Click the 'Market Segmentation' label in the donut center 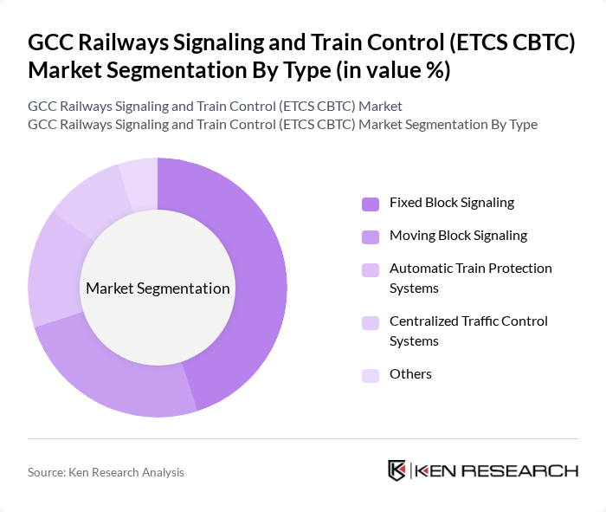pos(158,288)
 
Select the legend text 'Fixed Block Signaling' pos(451,203)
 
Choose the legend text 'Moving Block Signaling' pos(458,236)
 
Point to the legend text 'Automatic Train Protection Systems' pos(470,278)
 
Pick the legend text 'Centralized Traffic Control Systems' pos(468,331)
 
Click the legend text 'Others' pos(410,374)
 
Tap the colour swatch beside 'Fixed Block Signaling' pos(371,204)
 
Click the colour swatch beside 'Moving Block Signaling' pos(371,237)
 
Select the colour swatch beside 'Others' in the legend pos(371,375)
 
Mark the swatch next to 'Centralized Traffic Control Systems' pos(371,322)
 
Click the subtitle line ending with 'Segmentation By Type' pos(282,125)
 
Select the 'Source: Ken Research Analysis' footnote pos(106,472)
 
